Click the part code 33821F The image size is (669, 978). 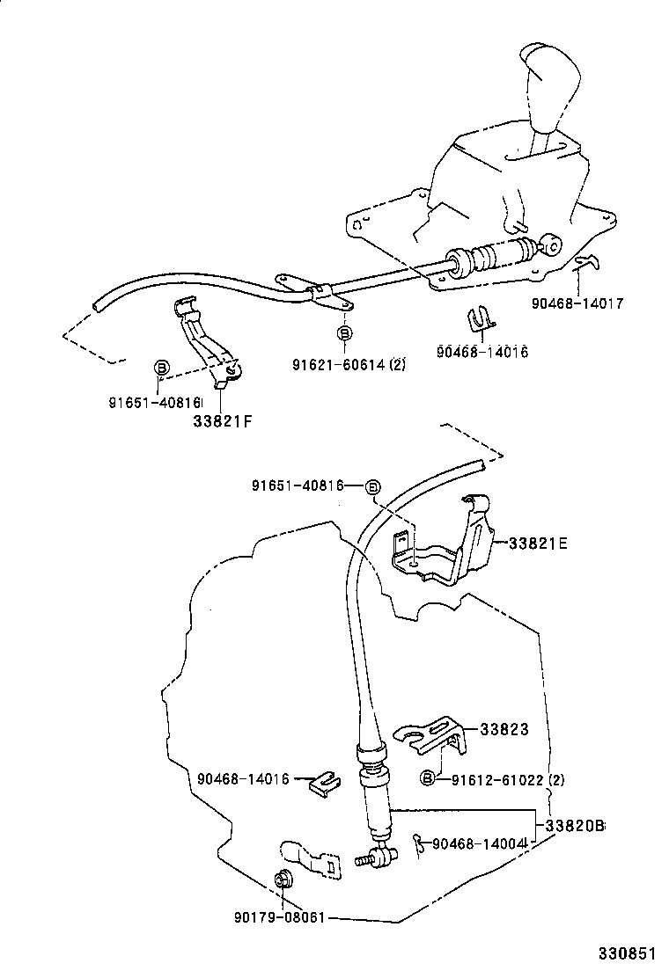point(222,420)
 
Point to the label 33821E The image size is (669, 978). point(537,544)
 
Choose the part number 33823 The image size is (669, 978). point(504,729)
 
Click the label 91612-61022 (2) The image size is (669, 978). point(508,779)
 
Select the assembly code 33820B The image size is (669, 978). point(575,827)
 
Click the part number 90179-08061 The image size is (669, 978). point(280,917)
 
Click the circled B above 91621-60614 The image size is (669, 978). point(345,333)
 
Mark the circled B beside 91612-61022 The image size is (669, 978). point(428,778)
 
